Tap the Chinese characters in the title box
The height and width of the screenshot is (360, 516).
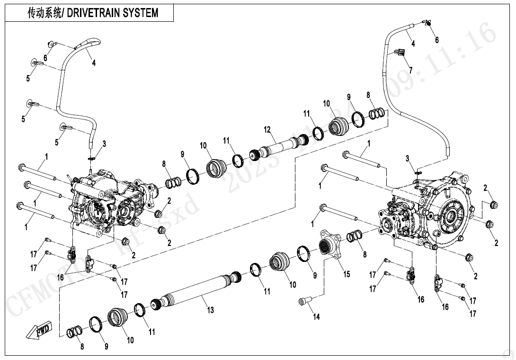44,13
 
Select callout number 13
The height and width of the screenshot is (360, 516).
210,310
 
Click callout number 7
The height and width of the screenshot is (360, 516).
410,70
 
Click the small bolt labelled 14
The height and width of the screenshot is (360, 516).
304,301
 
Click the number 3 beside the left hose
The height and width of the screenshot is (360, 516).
104,143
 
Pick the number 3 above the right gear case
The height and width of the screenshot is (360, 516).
407,157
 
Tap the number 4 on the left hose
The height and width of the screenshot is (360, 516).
94,63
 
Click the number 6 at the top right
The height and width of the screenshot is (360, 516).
437,40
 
